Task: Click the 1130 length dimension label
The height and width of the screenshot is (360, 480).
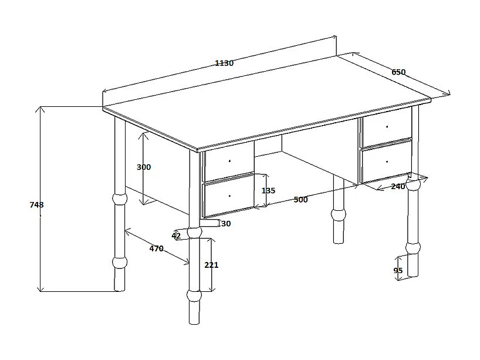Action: [224, 63]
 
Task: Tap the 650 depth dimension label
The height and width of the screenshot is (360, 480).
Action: [398, 72]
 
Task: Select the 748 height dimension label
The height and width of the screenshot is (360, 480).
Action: [36, 204]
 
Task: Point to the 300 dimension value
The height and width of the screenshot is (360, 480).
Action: [144, 167]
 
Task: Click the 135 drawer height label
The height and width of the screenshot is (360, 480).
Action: [268, 190]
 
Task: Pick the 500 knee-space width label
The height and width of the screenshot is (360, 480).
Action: [300, 200]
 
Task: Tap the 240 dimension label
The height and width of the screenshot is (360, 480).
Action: [398, 186]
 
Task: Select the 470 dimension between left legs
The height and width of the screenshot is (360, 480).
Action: [157, 248]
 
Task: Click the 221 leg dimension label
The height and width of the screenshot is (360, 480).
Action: [211, 265]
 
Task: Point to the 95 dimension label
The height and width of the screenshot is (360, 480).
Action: [398, 271]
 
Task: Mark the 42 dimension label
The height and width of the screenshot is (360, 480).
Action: [176, 236]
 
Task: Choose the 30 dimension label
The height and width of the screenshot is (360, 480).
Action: [226, 224]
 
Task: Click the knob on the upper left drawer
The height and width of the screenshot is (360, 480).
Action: [229, 161]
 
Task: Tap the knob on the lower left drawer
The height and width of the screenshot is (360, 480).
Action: [229, 196]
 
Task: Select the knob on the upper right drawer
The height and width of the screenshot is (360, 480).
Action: [387, 126]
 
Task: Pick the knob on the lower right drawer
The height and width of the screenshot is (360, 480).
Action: [387, 162]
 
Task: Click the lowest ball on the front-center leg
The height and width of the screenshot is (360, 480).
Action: [194, 295]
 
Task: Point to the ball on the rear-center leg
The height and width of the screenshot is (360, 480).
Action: [339, 214]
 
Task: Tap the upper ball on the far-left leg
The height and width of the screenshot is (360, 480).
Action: [120, 199]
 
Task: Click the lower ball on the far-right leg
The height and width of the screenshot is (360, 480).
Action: [413, 248]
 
